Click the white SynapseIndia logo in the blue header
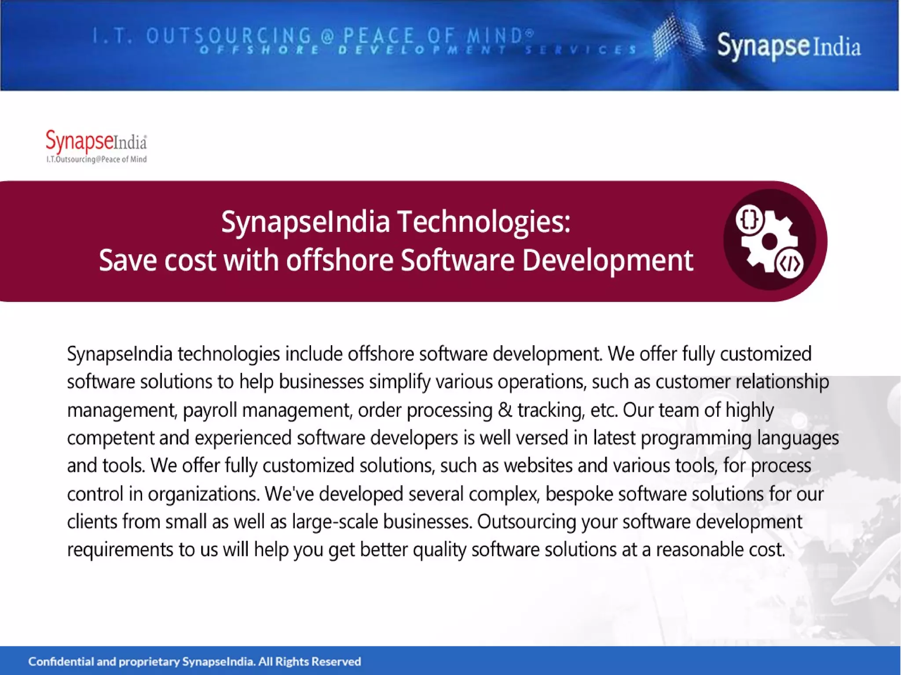[788, 46]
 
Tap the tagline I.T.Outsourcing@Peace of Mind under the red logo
[96, 159]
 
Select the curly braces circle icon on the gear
[749, 219]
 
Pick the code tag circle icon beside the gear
[790, 264]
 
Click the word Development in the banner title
[608, 260]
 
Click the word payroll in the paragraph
[210, 410]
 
